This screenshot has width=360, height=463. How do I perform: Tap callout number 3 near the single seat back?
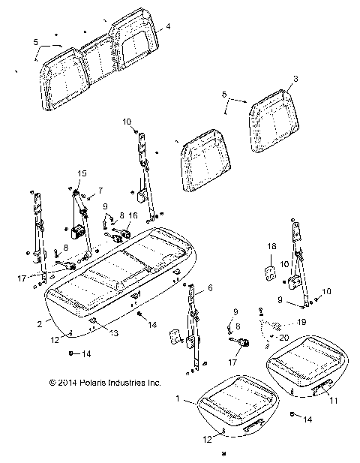[x=295, y=77]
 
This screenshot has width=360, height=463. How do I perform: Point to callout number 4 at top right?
[x=168, y=26]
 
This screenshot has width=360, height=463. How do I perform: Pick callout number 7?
[x=101, y=191]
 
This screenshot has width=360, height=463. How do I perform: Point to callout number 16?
[x=133, y=215]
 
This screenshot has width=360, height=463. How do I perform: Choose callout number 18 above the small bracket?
[x=271, y=246]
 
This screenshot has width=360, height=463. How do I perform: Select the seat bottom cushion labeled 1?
[x=232, y=401]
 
